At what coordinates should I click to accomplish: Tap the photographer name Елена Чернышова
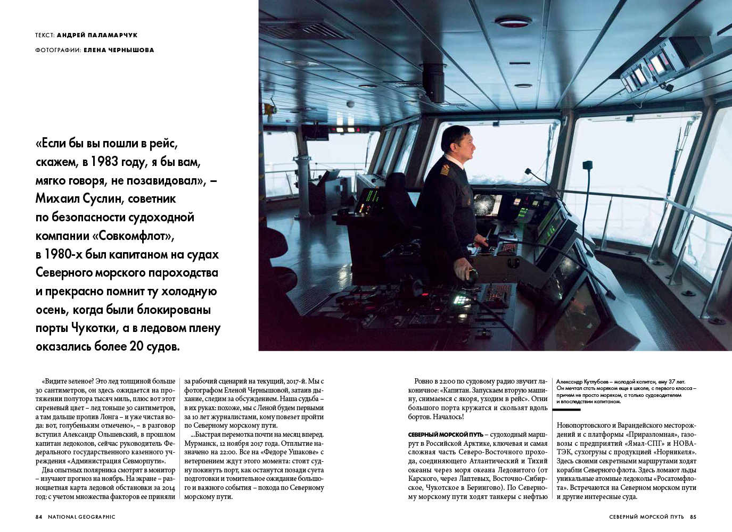click(x=119, y=50)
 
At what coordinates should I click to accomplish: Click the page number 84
click(x=39, y=517)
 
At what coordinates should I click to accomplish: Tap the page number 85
click(x=693, y=517)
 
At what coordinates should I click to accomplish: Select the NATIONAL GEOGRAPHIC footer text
click(x=81, y=517)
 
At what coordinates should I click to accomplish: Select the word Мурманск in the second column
click(x=202, y=443)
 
